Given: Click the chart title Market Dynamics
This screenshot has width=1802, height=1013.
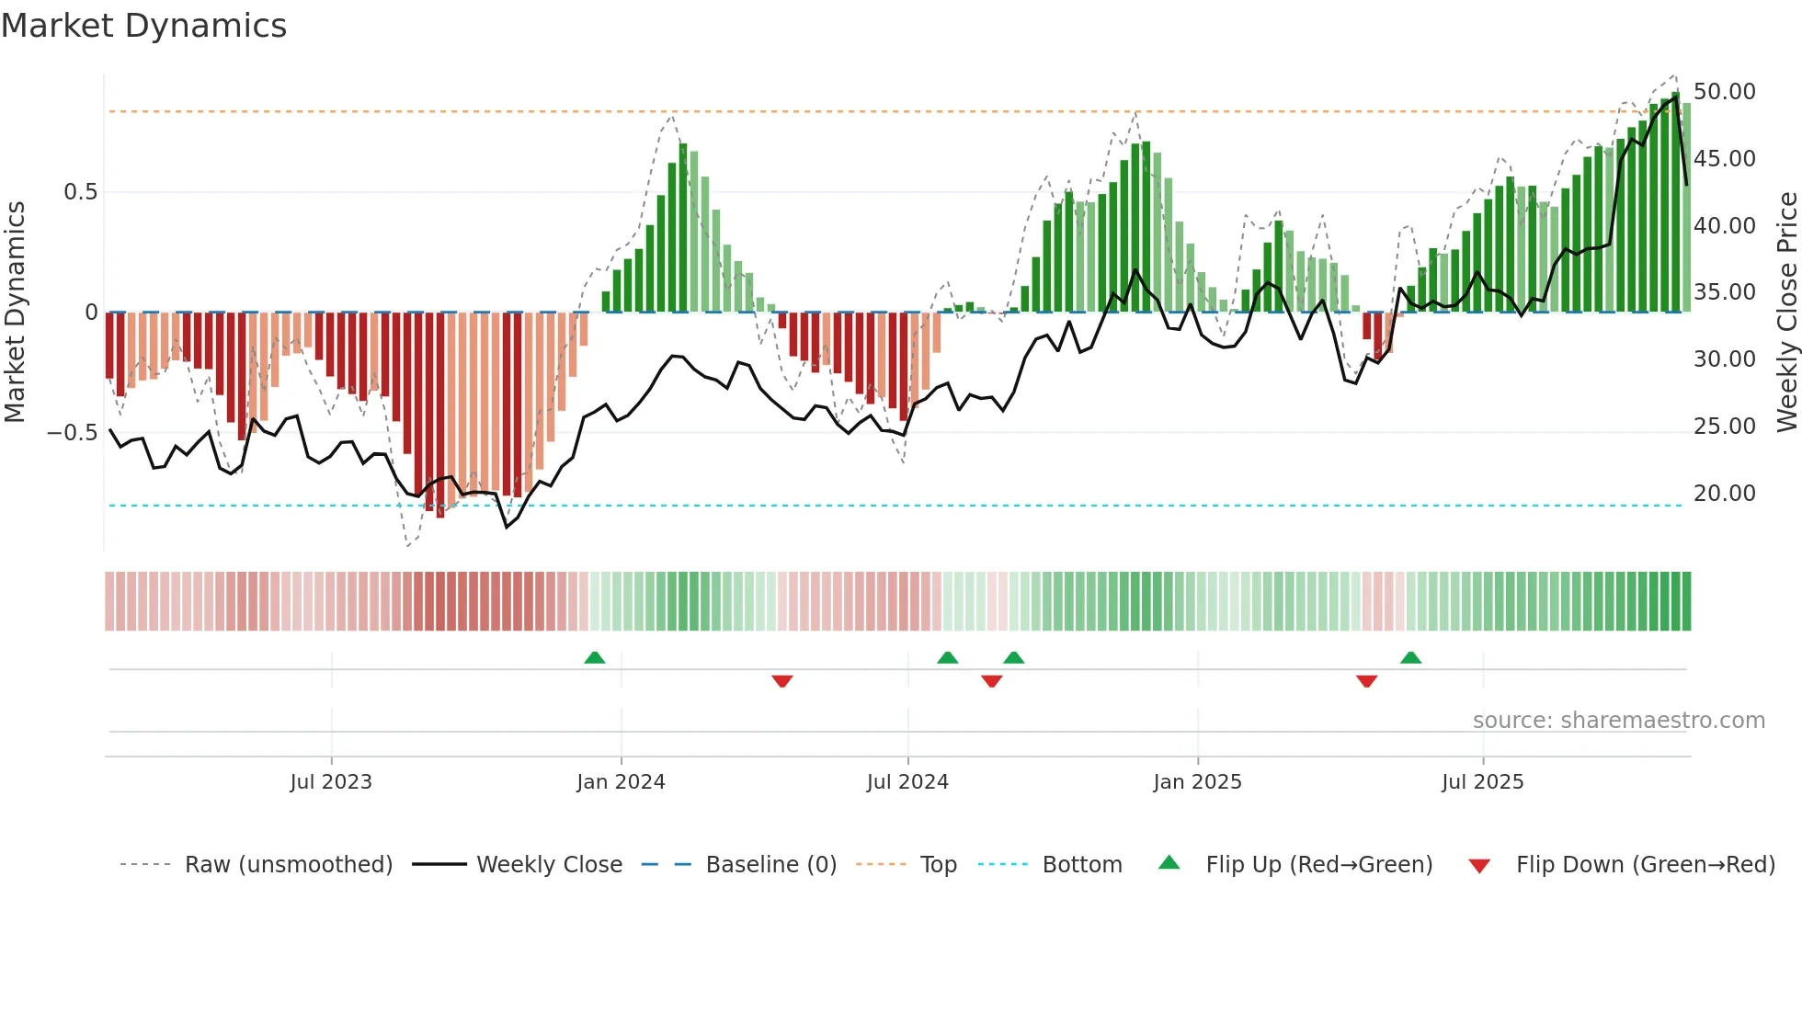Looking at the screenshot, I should click(143, 26).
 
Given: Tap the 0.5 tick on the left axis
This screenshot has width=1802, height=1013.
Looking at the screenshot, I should click(80, 192).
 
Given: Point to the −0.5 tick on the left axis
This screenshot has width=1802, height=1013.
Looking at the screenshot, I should click(73, 433).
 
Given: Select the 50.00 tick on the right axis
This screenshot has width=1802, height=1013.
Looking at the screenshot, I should click(1724, 92).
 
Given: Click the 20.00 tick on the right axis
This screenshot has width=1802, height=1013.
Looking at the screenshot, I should click(1724, 494).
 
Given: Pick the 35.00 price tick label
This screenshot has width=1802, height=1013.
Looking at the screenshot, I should click(1724, 292).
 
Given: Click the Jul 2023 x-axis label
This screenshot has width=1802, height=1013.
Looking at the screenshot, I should click(331, 782).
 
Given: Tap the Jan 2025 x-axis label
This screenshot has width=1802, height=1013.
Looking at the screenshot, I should click(1197, 782).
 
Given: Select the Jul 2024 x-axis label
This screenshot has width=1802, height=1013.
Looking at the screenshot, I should click(907, 782).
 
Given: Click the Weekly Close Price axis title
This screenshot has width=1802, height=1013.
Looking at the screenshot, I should click(1786, 313).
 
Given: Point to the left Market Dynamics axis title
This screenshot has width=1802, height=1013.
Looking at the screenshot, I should click(15, 313).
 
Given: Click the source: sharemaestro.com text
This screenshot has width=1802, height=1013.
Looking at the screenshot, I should click(1618, 721).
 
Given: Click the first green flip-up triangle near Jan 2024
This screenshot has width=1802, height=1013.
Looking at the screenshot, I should click(595, 657).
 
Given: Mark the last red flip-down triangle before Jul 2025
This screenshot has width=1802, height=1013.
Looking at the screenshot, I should click(1366, 681).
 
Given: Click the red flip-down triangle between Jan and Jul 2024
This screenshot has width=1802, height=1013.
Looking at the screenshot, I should click(782, 681).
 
